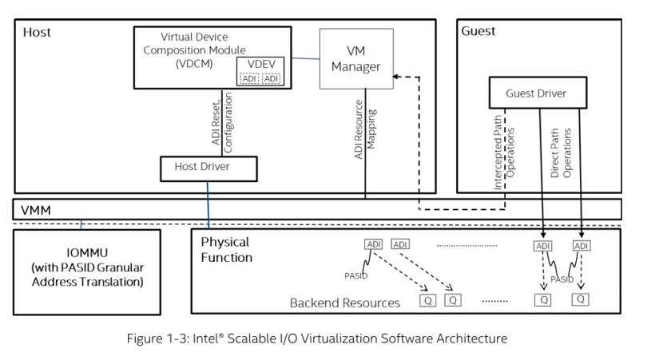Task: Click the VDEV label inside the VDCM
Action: click(261, 64)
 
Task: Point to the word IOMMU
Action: click(87, 253)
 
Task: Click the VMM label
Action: click(35, 210)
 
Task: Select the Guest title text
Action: click(478, 31)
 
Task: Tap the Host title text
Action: click(37, 32)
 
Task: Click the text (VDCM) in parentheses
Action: click(194, 64)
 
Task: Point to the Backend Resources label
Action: click(344, 303)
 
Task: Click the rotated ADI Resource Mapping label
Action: click(364, 129)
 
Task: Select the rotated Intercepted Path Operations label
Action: click(504, 152)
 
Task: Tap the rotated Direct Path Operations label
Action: click(561, 153)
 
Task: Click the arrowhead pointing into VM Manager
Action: click(395, 77)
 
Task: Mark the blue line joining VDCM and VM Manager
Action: click(305, 58)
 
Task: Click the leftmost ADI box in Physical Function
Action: click(373, 244)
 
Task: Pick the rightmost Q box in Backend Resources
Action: click(580, 299)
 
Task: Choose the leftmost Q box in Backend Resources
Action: click(427, 300)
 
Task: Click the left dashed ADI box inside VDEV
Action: click(249, 78)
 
